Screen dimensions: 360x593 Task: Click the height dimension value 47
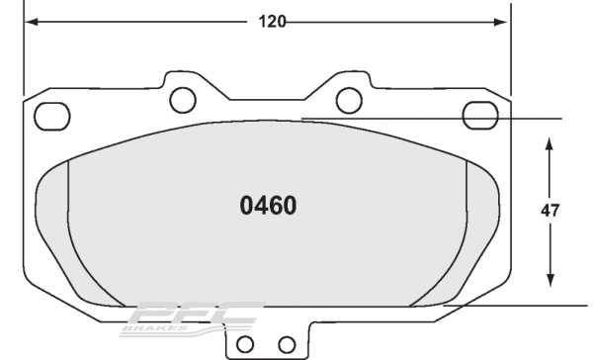pos(550,211)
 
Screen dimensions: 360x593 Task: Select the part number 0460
pos(269,207)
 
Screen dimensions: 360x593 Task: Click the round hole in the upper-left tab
pos(181,98)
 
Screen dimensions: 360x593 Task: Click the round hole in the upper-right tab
pos(348,98)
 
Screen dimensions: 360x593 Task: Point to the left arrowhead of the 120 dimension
pos(30,19)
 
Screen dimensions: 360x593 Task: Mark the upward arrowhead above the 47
pos(550,144)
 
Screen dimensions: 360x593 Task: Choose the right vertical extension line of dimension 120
pos(511,49)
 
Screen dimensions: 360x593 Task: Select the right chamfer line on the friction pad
pos(455,237)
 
